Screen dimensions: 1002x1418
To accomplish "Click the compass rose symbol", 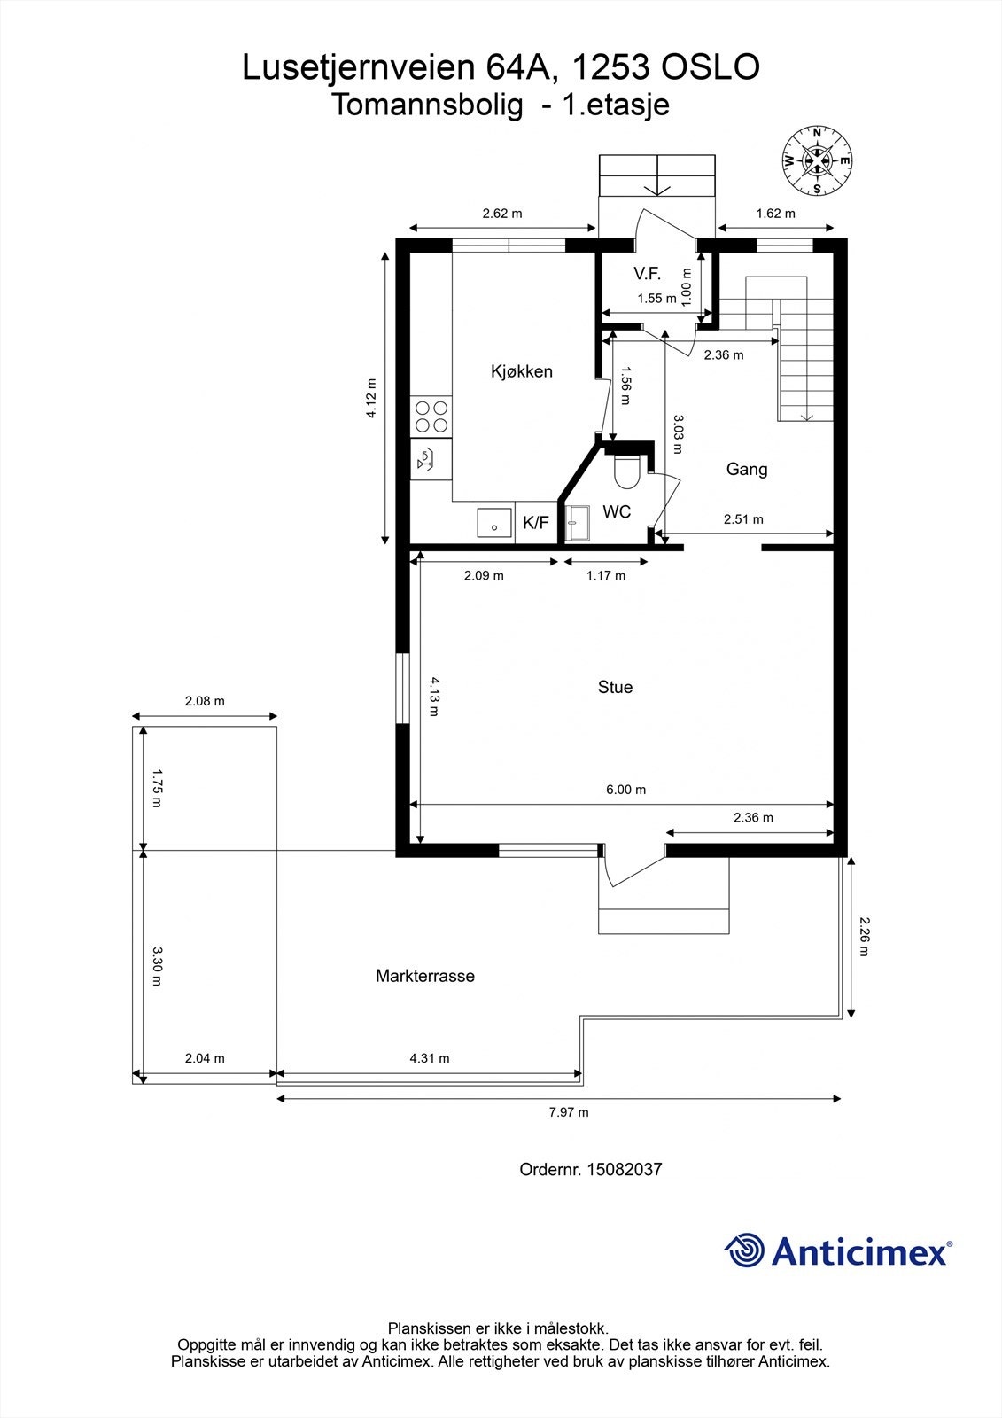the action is point(817,160).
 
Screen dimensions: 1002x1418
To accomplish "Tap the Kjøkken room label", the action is point(522,371).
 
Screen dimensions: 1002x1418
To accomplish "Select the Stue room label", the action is point(615,687).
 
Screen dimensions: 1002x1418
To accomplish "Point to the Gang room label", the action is point(747,469).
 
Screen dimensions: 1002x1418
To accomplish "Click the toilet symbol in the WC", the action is point(627,471).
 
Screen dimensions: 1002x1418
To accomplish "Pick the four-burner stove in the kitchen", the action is point(431,417).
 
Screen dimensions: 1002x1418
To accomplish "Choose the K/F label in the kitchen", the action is point(535,522).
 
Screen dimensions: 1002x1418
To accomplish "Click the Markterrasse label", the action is point(424,976).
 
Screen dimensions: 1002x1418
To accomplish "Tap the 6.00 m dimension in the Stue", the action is point(626,790).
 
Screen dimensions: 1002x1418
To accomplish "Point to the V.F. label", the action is point(647,274).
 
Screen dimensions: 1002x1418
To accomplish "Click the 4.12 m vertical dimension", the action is point(371,398).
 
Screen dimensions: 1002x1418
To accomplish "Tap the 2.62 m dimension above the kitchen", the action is point(502,214).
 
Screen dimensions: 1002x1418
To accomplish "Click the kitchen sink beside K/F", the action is point(494,522).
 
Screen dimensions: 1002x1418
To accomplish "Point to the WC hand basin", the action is point(577,524).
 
